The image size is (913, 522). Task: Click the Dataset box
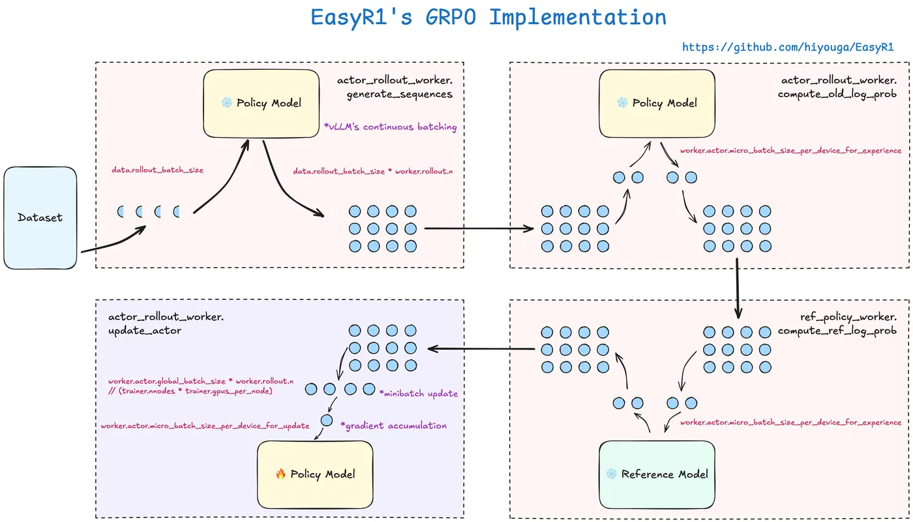click(40, 217)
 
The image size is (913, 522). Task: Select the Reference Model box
click(657, 474)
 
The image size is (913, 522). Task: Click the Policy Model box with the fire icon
click(315, 474)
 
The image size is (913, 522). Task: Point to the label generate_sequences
click(399, 94)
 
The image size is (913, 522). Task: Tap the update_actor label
click(145, 331)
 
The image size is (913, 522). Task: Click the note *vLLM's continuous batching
click(390, 127)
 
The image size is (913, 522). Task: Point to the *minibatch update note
click(418, 393)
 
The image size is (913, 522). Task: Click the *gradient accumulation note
click(393, 425)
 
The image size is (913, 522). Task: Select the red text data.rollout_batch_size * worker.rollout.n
click(372, 170)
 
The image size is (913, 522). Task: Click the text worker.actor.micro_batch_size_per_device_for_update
click(205, 426)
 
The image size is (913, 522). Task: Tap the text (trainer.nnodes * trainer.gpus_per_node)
click(190, 391)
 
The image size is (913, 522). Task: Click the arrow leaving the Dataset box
click(111, 241)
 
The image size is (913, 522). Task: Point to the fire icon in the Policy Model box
click(281, 474)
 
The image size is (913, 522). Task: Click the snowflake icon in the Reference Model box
click(611, 474)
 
